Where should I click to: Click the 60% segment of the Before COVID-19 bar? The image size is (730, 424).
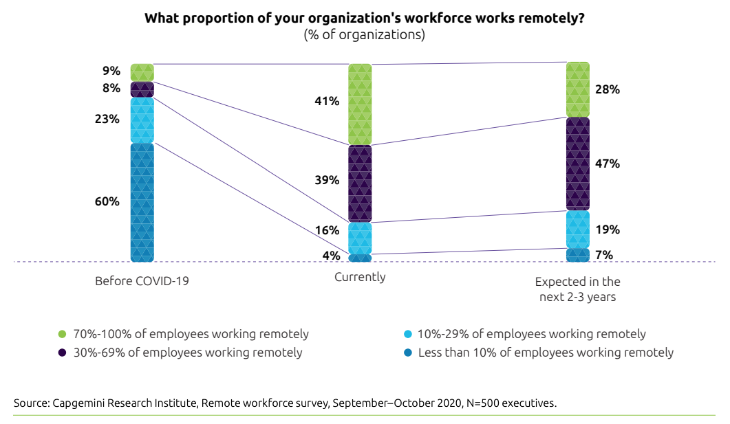(x=142, y=202)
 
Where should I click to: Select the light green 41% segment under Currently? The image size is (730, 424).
(x=360, y=104)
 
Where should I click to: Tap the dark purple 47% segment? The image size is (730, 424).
(x=578, y=164)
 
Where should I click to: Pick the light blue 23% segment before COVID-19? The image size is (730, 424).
(x=142, y=120)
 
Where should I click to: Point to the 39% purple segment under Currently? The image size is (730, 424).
(x=360, y=183)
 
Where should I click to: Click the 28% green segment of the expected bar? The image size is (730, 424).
(x=578, y=89)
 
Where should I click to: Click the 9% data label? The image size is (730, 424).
(x=111, y=71)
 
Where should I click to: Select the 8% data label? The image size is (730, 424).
(x=111, y=89)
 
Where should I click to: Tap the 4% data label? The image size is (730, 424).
(x=332, y=256)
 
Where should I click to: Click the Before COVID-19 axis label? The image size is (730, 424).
(x=142, y=282)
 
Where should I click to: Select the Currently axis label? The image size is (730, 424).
(x=360, y=278)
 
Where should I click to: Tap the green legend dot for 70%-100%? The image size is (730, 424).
(x=63, y=335)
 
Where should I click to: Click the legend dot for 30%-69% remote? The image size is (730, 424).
(x=63, y=353)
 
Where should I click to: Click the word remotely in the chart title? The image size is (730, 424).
(x=539, y=19)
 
